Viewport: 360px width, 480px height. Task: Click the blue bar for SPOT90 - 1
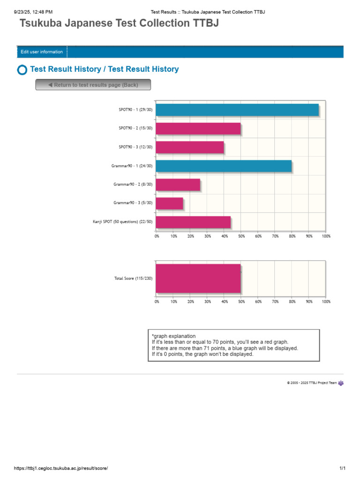tap(237, 110)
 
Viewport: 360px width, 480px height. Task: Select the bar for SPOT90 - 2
tap(198, 128)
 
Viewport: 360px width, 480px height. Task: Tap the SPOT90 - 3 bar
tap(189, 147)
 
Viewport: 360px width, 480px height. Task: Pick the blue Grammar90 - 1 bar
tap(224, 166)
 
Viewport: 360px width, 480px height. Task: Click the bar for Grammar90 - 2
tap(178, 185)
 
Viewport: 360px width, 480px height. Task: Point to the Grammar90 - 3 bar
tap(169, 203)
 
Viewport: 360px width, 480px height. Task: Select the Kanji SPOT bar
tap(193, 222)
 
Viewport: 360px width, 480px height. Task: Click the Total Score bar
tap(198, 278)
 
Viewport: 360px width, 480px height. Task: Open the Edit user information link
tap(42, 52)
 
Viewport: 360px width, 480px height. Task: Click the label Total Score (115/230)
tap(133, 278)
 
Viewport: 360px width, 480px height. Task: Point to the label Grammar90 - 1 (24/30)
tap(132, 166)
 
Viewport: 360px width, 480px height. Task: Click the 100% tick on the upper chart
tap(326, 236)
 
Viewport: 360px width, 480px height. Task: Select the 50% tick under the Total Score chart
tap(241, 301)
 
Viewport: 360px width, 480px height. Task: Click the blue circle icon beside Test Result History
tap(22, 70)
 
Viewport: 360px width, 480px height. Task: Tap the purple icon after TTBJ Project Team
tap(341, 383)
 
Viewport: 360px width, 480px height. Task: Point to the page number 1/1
tap(342, 468)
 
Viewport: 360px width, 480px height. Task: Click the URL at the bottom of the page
tap(64, 468)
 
